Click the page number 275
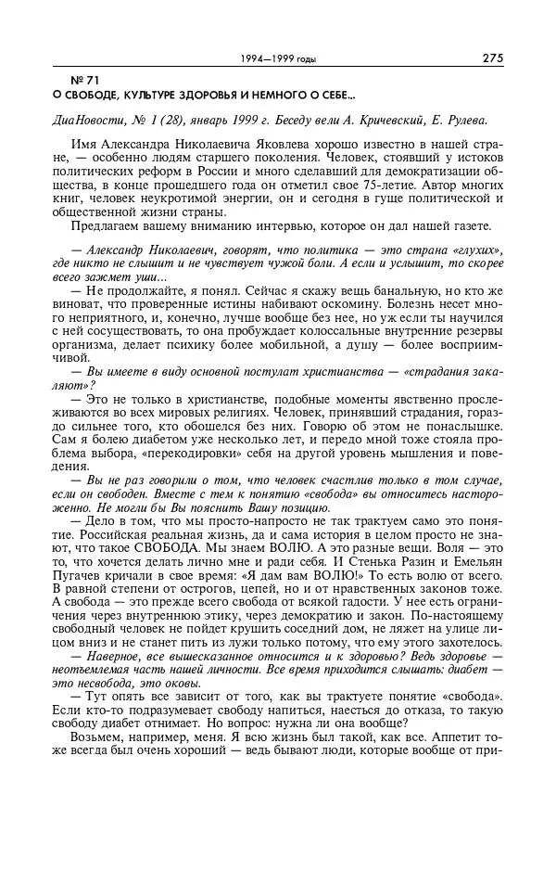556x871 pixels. point(492,58)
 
